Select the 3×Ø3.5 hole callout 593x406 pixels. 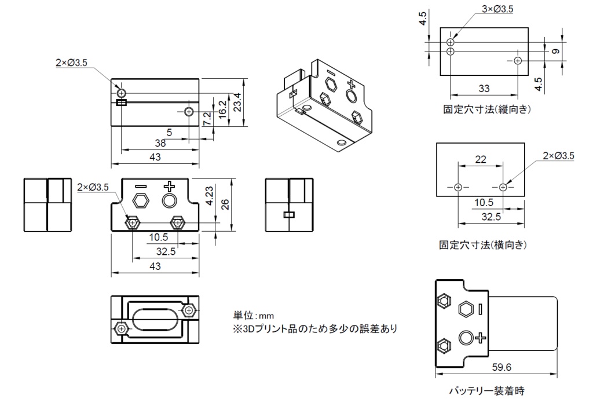click(497, 9)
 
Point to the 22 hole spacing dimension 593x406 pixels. click(481, 159)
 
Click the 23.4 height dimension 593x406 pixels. click(237, 103)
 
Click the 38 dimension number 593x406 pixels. click(160, 143)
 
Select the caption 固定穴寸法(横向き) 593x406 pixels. click(483, 245)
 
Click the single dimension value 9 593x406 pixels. click(556, 52)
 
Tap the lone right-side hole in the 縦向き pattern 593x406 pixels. click(518, 60)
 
